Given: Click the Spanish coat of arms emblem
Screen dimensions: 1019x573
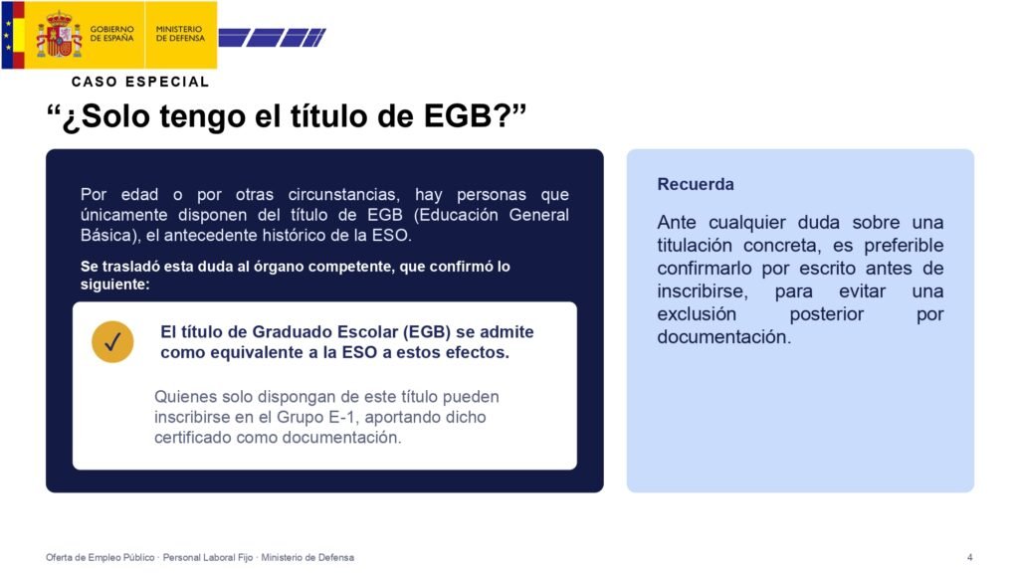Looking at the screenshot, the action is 59,34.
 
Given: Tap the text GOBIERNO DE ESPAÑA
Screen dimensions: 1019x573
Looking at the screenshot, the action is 111,34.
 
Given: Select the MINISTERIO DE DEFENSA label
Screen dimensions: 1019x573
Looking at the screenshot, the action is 180,34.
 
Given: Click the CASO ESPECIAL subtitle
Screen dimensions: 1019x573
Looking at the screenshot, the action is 140,82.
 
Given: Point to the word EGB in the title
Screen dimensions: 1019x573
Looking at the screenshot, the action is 458,116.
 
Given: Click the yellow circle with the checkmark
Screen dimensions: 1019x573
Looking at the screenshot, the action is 112,342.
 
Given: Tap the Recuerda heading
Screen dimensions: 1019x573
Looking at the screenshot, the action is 696,184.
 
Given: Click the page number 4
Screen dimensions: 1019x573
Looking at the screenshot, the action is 969,557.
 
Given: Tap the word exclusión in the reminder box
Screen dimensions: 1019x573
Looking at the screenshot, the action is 697,314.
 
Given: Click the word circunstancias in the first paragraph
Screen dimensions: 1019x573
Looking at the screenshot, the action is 342,195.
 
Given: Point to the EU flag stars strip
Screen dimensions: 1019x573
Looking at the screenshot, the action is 7,35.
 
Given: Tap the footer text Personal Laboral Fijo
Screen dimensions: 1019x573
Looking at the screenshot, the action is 208,557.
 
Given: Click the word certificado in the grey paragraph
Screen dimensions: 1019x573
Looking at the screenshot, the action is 193,438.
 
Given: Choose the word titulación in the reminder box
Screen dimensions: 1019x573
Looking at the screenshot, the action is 695,246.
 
